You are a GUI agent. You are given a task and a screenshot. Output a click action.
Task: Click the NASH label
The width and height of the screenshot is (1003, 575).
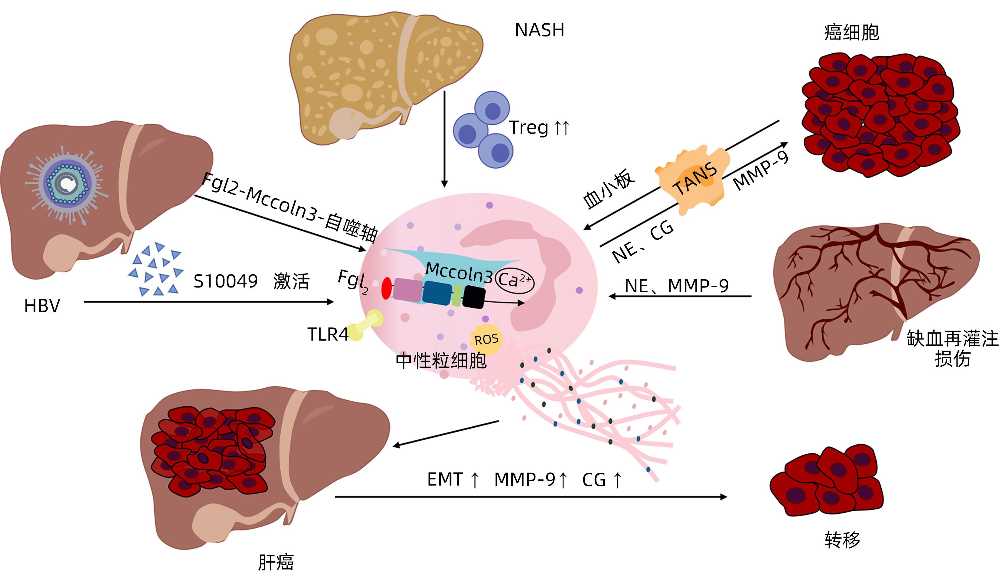(539, 30)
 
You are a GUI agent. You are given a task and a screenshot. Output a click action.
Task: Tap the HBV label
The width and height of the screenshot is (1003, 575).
(42, 306)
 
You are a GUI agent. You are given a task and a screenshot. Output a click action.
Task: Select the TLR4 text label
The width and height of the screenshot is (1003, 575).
(328, 335)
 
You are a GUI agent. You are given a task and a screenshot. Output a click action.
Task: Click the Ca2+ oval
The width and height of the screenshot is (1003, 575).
(514, 281)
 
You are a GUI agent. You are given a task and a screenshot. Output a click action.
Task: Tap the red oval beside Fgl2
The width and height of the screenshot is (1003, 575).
(386, 288)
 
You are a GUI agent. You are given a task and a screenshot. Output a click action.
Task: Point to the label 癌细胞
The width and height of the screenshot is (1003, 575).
(851, 32)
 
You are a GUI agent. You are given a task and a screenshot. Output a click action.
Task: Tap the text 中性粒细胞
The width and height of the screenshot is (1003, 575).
(441, 361)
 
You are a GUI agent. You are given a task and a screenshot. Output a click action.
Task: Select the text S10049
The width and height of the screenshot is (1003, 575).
(225, 281)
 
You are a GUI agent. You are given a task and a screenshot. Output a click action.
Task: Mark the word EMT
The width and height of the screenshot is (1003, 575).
(445, 480)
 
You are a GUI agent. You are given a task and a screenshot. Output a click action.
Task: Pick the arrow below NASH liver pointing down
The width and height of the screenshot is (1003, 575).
(444, 138)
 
